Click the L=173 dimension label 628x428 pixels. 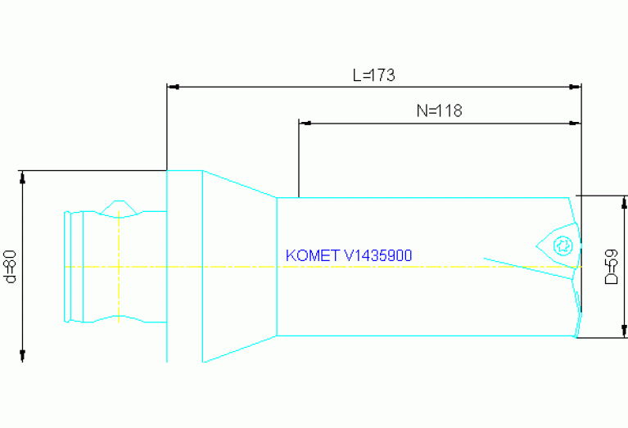click(373, 75)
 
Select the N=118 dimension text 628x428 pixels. click(439, 111)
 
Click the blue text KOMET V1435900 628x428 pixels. click(349, 255)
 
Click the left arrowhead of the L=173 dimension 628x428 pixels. click(172, 85)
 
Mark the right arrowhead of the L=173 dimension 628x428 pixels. click(576, 85)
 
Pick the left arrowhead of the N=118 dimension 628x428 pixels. click(305, 123)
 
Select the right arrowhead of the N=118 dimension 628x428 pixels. click(576, 123)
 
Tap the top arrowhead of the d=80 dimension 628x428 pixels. click(23, 176)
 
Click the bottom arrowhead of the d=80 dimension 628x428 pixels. click(23, 355)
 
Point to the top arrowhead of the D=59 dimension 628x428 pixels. click(624, 201)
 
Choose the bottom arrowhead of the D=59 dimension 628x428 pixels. click(624, 331)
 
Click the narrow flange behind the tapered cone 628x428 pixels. click(185, 266)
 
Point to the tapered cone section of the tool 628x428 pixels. click(240, 266)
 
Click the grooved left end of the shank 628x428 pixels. click(75, 266)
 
